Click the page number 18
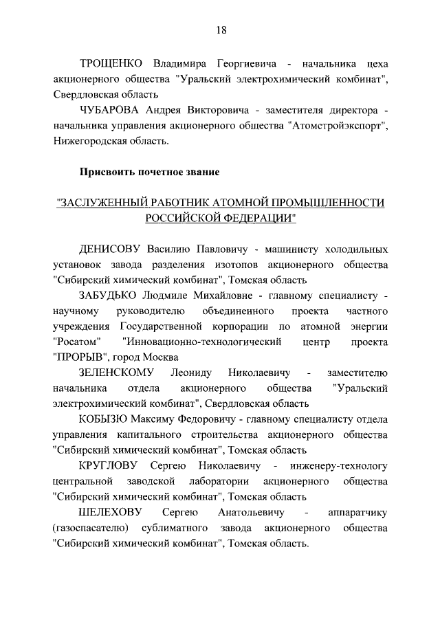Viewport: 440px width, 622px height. tap(220, 30)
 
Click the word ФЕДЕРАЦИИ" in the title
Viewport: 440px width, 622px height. tap(256, 219)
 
